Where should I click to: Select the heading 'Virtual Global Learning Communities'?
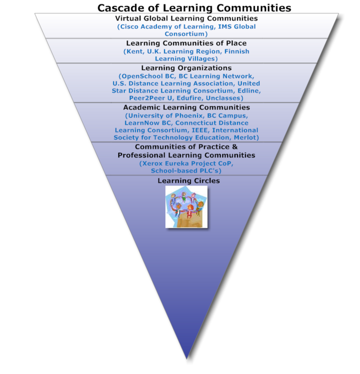click(186, 18)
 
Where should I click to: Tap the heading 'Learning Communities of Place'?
click(186, 43)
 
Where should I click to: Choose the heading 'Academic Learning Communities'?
click(186, 107)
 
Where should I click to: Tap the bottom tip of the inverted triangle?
click(187, 356)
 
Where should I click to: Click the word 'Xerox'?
click(152, 164)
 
